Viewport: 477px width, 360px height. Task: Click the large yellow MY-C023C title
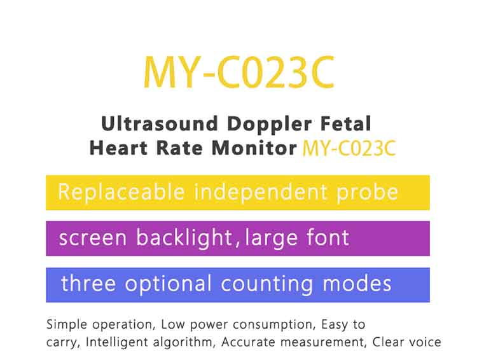pyautogui.click(x=238, y=73)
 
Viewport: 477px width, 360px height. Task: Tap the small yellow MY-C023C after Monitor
pyautogui.click(x=349, y=149)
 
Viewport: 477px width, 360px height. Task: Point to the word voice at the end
pyautogui.click(x=425, y=342)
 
